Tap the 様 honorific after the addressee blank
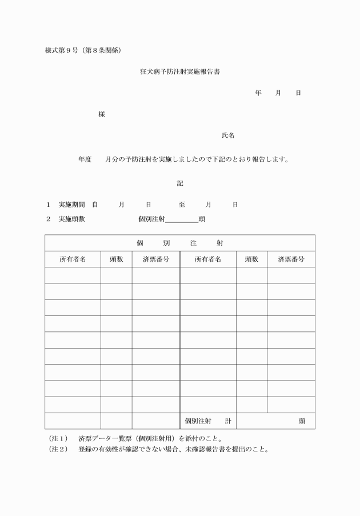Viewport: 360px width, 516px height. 102,114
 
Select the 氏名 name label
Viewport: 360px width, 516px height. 228,135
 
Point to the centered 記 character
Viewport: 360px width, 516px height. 180,183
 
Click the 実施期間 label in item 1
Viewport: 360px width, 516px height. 71,204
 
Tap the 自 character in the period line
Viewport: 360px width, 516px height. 95,204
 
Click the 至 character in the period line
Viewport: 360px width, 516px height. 182,204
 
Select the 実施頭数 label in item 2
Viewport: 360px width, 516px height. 71,219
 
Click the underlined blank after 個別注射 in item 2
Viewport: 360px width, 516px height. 181,219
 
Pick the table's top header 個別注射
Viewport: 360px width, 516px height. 180,243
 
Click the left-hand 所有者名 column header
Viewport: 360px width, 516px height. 73,259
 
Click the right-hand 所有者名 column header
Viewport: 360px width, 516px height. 208,259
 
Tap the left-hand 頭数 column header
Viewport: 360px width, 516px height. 117,259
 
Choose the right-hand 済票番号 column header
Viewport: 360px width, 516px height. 291,259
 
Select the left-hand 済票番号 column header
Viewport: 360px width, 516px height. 155,259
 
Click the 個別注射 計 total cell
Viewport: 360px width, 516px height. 208,421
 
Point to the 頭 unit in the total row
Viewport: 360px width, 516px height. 302,421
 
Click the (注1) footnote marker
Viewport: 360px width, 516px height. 58,439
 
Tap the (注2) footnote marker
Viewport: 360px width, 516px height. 58,449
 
